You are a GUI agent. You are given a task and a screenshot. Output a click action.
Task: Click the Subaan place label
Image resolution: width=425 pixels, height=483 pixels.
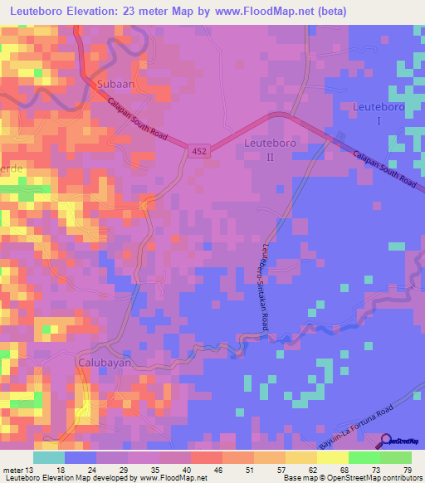point(115,85)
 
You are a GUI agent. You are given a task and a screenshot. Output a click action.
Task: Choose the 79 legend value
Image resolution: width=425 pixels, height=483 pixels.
point(407,469)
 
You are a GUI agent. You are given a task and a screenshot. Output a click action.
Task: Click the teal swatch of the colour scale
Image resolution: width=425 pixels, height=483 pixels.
point(49,457)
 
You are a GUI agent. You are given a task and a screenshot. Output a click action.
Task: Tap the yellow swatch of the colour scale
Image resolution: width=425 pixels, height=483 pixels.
point(333,457)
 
